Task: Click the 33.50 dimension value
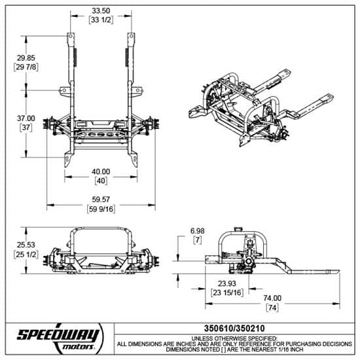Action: coord(100,11)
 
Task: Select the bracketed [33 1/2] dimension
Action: coord(100,20)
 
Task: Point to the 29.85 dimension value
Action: coord(27,58)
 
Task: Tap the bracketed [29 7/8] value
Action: coord(27,67)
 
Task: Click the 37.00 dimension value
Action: coord(27,118)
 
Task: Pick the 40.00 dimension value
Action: coord(100,171)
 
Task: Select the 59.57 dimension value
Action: coord(100,199)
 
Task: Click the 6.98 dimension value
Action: coord(196,230)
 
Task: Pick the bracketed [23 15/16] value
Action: coord(228,293)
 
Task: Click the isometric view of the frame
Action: coord(262,108)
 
